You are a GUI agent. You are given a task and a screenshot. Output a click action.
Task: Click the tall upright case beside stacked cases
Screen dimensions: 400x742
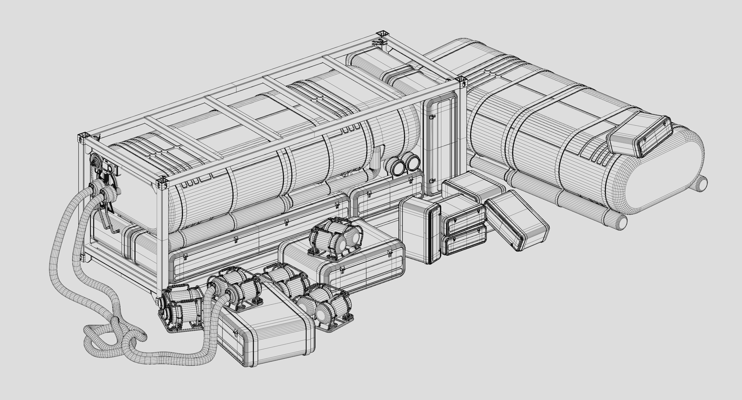tap(421, 229)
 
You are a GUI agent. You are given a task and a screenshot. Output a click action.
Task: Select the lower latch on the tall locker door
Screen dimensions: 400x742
tap(432, 181)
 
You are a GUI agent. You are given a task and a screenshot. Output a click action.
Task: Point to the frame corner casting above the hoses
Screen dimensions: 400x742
tap(82, 137)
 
